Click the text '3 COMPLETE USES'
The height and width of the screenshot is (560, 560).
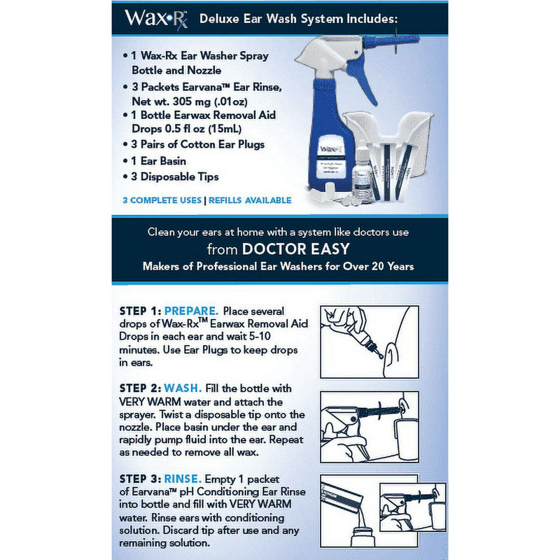click(x=161, y=200)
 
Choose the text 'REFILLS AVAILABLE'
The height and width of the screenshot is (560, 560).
click(x=249, y=200)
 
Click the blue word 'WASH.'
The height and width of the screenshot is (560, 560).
click(x=183, y=388)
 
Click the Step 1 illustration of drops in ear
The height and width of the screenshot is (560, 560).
click(x=369, y=341)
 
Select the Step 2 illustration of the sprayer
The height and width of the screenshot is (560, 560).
click(x=369, y=426)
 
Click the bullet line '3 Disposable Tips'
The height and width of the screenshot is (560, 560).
click(x=175, y=177)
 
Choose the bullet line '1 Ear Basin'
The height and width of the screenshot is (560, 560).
click(x=162, y=160)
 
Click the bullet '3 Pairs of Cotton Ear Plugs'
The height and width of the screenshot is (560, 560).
click(x=198, y=144)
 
